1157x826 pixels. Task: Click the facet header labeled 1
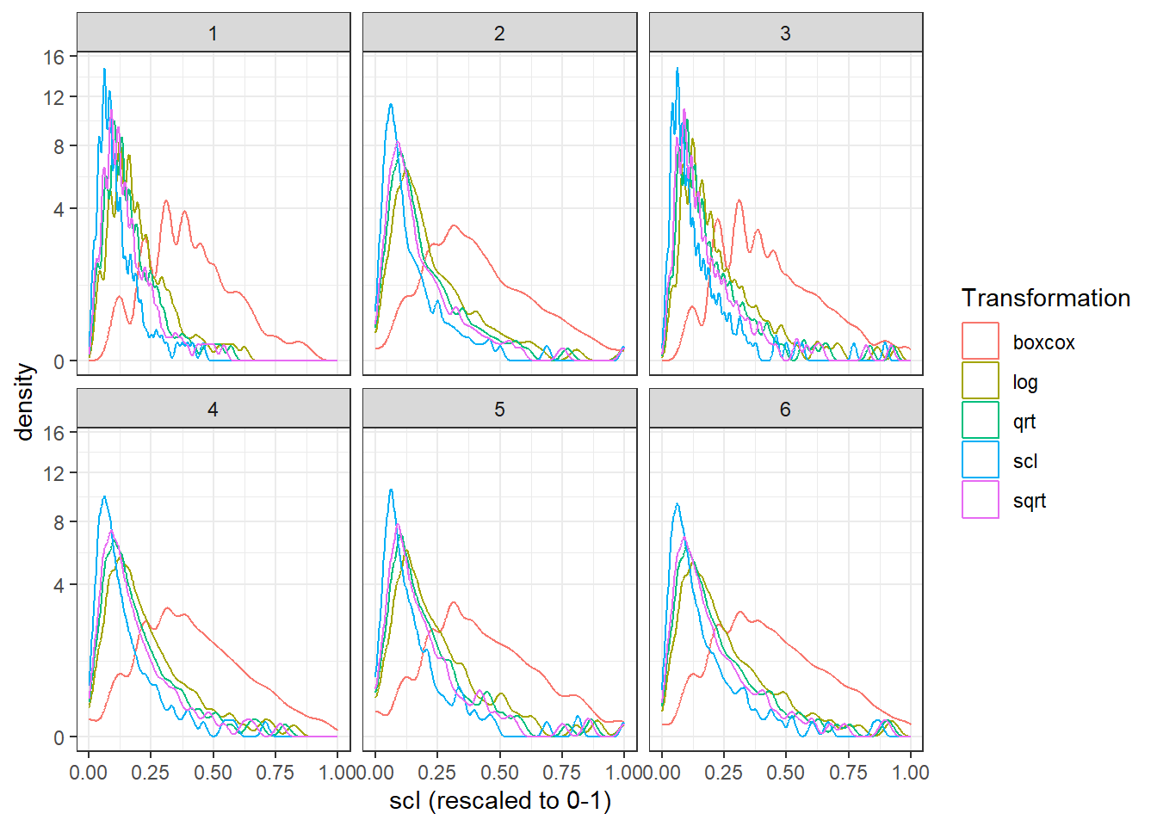click(213, 33)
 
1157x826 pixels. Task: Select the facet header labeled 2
click(499, 33)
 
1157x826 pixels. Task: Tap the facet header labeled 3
click(786, 33)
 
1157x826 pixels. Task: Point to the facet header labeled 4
click(213, 409)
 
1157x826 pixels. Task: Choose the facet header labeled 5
click(499, 409)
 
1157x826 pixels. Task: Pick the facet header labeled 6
click(786, 409)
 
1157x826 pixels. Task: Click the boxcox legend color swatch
click(980, 341)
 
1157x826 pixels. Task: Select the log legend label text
click(1025, 383)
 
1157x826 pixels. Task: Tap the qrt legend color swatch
click(980, 420)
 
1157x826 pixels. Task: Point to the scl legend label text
click(1025, 460)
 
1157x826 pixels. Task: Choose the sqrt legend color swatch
click(980, 499)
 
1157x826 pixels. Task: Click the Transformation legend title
click(1046, 298)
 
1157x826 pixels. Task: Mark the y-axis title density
click(24, 402)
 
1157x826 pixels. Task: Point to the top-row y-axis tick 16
click(53, 58)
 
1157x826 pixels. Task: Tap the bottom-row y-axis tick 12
click(53, 473)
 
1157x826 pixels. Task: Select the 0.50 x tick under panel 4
click(213, 773)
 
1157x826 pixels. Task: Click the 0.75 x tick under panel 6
click(848, 773)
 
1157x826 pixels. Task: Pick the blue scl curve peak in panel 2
click(391, 105)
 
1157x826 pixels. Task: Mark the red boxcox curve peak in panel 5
click(454, 602)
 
